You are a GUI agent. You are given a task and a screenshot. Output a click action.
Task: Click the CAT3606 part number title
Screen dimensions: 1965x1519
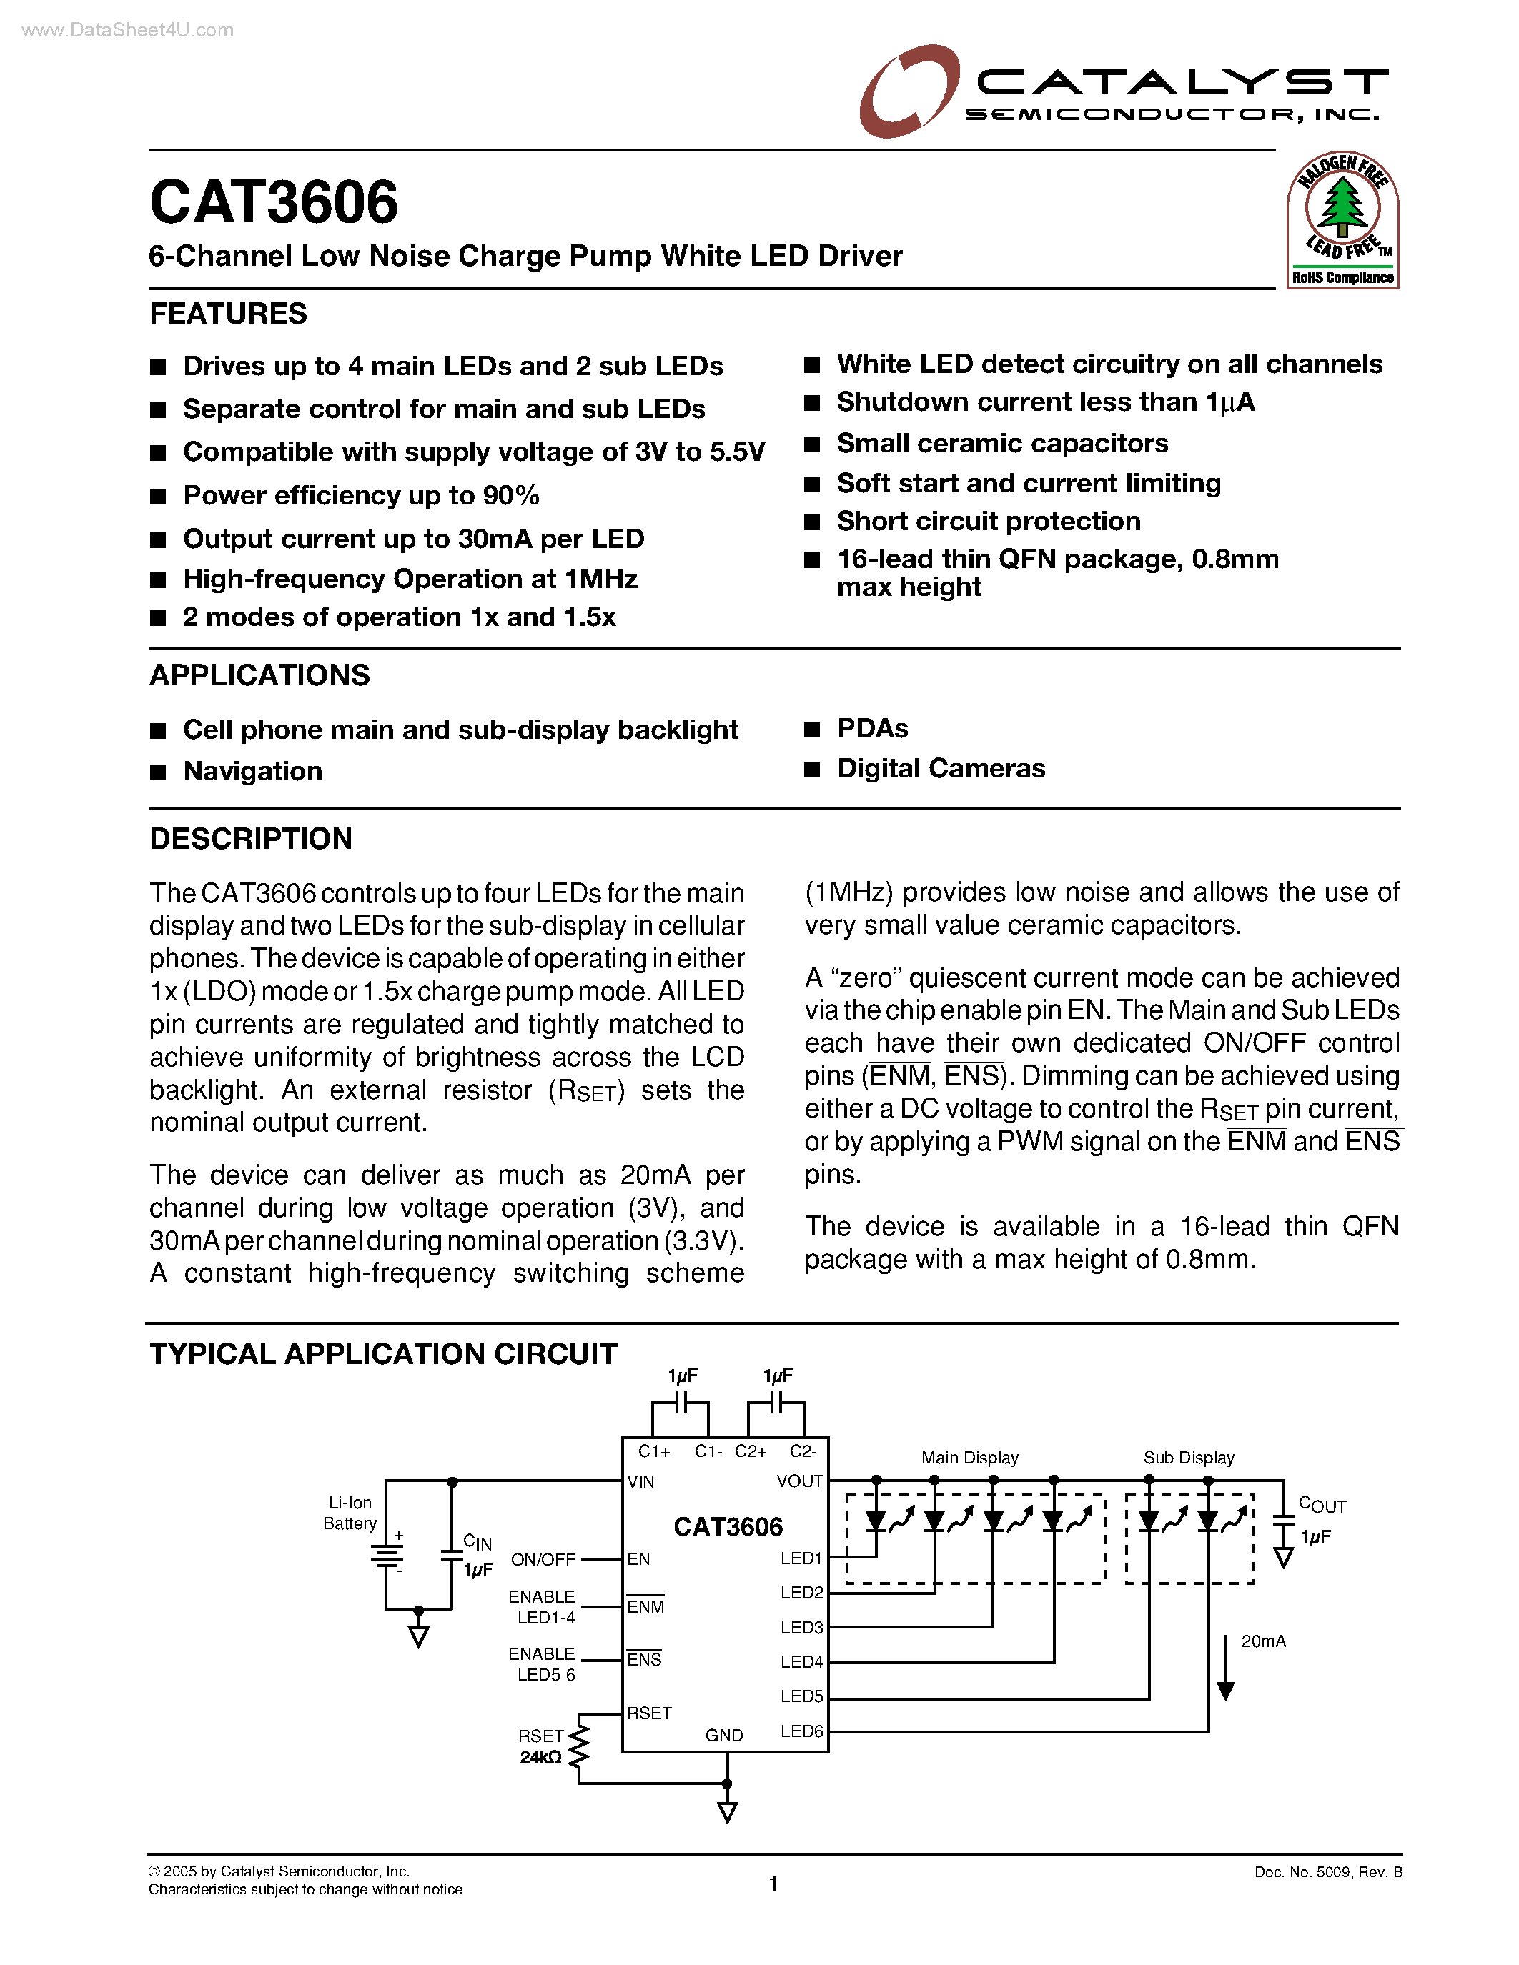[274, 202]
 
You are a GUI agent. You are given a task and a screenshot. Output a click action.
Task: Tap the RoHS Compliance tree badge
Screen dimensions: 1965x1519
[1342, 220]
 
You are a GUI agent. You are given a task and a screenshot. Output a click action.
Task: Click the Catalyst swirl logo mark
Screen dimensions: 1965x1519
[907, 91]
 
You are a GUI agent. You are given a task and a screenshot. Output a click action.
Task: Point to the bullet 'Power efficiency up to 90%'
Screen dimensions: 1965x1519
[361, 496]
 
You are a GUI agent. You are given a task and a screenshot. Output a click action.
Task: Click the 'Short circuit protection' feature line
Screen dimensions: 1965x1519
[988, 522]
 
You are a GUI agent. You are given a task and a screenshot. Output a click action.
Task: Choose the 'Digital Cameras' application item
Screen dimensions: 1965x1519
[941, 768]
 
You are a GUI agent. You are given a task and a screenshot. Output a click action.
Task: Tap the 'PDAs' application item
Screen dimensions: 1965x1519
[872, 729]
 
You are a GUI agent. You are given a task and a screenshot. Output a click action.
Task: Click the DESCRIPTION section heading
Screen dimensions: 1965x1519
[250, 839]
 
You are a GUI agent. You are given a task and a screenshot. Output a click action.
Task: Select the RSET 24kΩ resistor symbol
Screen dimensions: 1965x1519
[580, 1746]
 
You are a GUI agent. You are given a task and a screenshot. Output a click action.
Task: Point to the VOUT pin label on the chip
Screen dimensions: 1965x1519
[799, 1481]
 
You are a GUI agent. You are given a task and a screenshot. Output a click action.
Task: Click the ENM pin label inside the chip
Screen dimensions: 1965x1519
[645, 1607]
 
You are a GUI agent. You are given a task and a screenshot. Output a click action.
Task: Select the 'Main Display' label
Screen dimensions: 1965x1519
[969, 1458]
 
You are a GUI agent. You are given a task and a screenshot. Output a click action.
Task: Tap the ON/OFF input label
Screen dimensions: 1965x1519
[543, 1559]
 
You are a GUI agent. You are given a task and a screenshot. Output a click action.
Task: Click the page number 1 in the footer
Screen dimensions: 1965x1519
[773, 1883]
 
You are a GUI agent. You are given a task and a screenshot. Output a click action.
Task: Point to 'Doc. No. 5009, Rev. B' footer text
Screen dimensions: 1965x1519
[1327, 1872]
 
